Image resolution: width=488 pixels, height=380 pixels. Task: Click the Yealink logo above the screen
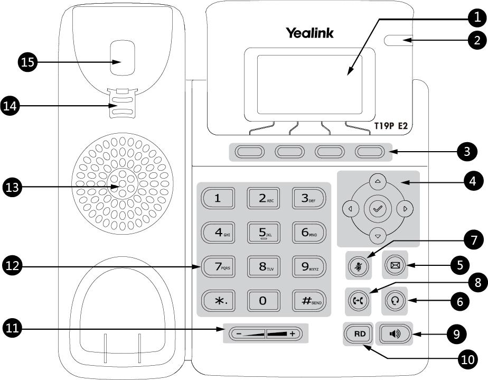(x=310, y=33)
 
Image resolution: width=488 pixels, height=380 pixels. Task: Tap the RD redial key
(x=359, y=333)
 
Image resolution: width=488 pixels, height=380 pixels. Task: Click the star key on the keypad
(x=217, y=301)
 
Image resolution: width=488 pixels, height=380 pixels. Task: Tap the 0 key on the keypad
(x=263, y=301)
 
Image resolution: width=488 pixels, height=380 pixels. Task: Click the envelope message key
(x=395, y=266)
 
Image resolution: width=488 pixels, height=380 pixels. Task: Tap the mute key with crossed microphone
(x=359, y=266)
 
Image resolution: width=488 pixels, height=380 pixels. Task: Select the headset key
(x=395, y=301)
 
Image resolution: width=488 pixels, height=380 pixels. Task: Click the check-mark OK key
(x=378, y=209)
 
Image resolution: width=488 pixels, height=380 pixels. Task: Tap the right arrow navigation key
(x=405, y=209)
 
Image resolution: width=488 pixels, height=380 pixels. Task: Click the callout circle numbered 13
(x=13, y=186)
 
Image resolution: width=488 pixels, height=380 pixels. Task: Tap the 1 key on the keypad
(x=217, y=198)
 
